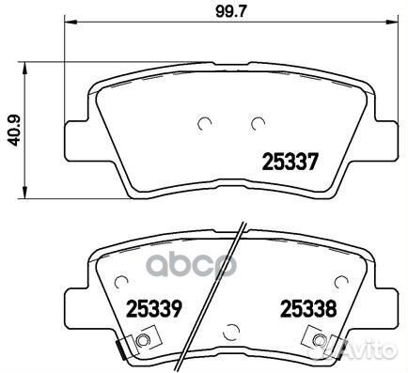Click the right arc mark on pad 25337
257,122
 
